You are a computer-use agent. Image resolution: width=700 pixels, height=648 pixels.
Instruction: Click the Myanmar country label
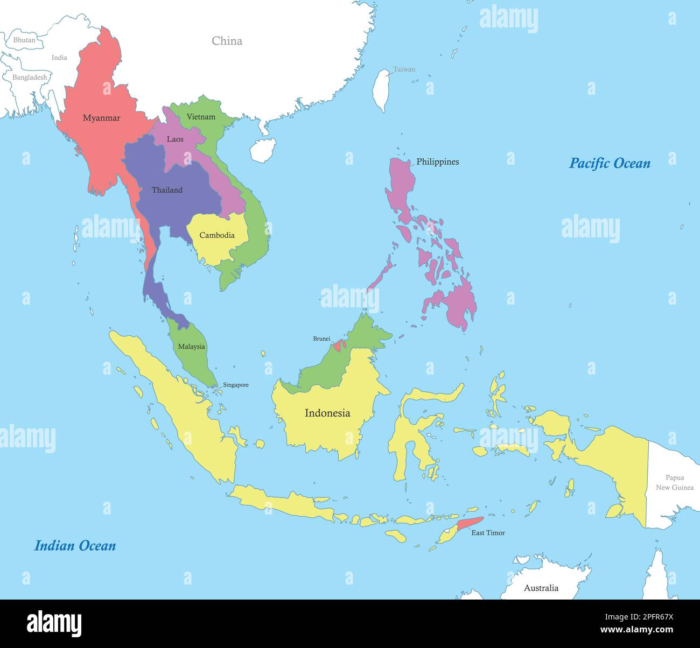[101, 118]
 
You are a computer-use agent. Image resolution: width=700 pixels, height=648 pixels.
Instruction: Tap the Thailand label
[167, 190]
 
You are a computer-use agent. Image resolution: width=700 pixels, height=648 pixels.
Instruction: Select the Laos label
[175, 139]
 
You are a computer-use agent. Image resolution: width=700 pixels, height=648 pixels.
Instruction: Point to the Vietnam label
[201, 117]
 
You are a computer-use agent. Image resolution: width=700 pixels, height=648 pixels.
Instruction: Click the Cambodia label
[217, 235]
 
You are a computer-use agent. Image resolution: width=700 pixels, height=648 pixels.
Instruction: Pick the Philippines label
[438, 161]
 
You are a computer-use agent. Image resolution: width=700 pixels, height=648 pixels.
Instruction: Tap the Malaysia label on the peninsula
[192, 347]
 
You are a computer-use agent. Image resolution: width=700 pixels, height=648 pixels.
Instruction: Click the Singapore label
[236, 385]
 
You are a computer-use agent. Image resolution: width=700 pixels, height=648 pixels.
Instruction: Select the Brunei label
[321, 339]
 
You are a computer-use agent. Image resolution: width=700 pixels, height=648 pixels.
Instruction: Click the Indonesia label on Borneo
[327, 413]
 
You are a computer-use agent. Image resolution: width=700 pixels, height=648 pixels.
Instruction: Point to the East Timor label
[488, 533]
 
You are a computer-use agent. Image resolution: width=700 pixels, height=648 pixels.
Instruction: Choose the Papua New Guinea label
[675, 482]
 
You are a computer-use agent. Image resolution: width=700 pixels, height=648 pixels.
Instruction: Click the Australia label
[541, 588]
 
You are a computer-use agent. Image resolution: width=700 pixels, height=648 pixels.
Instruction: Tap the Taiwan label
[404, 69]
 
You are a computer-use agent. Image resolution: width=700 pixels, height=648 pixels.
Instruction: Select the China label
[227, 41]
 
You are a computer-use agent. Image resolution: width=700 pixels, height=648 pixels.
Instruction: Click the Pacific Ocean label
[610, 163]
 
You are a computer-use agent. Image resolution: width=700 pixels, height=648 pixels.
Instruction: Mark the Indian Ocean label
[75, 546]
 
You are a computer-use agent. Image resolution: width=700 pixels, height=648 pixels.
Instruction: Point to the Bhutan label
[24, 40]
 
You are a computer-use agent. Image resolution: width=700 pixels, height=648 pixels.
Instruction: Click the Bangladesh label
[30, 77]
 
